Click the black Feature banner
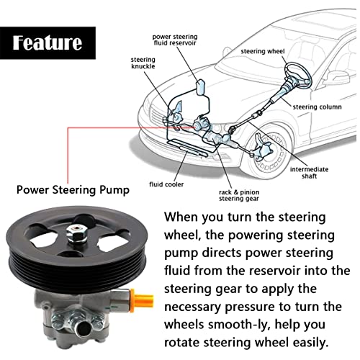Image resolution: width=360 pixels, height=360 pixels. coord(48,43)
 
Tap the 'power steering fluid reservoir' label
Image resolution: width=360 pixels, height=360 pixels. coord(175,40)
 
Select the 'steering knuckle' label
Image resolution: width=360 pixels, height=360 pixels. coord(143,63)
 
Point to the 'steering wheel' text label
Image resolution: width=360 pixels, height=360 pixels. coord(263,51)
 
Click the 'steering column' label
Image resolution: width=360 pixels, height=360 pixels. coord(317,107)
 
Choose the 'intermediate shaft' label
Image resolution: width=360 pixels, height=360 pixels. coord(309,173)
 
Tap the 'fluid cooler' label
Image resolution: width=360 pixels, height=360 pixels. coord(166,184)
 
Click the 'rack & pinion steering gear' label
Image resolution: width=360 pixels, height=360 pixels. coord(239,195)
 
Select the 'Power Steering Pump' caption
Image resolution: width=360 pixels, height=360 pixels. coord(73,190)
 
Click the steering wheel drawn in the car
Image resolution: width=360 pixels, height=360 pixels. coord(298,73)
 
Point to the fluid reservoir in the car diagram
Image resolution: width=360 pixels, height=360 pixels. coord(201,88)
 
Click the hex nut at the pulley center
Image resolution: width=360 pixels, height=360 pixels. coord(76,233)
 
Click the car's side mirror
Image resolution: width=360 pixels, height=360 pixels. coord(338,78)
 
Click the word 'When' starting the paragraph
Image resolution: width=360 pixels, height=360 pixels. coord(181,217)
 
